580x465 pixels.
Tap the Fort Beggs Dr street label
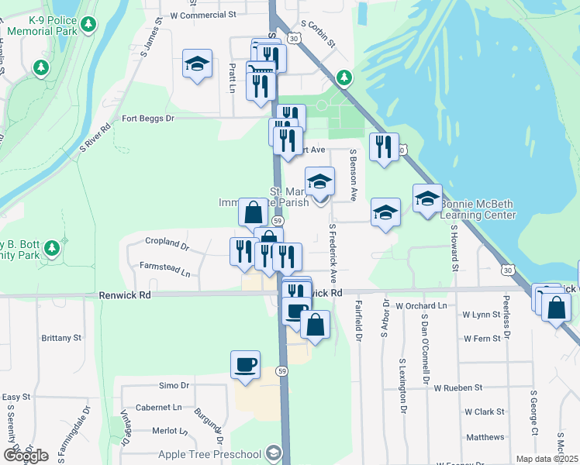[x=149, y=119]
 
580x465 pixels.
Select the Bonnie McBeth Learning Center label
[x=478, y=209]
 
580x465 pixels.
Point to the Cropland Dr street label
[x=167, y=242]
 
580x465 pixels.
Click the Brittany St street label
[x=61, y=338]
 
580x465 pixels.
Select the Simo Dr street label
[x=174, y=385]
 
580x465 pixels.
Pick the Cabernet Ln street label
[x=157, y=407]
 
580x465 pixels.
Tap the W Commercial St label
[x=202, y=14]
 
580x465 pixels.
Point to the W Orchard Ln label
[x=422, y=306]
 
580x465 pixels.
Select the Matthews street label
[x=485, y=437]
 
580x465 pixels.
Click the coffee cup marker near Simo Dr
[x=246, y=364]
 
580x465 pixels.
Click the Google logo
[x=26, y=456]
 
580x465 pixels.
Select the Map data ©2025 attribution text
[x=547, y=459]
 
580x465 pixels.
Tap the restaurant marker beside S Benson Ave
[x=383, y=146]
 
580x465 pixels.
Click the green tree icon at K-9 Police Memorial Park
[x=89, y=26]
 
